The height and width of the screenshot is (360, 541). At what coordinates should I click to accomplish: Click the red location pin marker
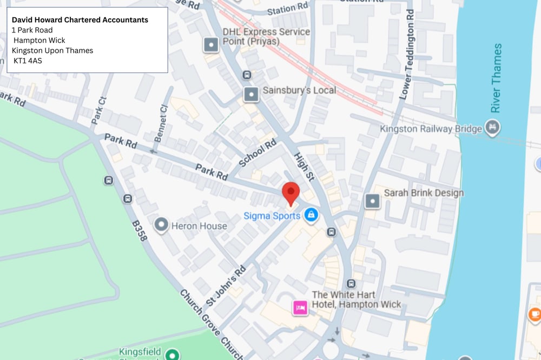tap(291, 193)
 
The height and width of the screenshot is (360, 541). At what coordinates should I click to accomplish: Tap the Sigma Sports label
tap(272, 216)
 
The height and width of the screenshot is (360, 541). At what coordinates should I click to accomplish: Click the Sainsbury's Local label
tap(299, 90)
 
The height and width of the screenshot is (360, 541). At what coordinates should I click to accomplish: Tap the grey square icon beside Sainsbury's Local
tap(250, 95)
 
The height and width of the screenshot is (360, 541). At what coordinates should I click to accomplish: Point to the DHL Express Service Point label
tap(266, 37)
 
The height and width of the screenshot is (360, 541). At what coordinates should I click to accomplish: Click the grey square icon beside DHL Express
tap(210, 44)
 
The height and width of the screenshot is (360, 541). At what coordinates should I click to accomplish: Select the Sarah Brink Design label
tap(424, 193)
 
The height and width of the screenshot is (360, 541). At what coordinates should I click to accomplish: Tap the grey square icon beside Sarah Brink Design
tap(372, 201)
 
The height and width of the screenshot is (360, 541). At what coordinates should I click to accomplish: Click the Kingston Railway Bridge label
tap(431, 129)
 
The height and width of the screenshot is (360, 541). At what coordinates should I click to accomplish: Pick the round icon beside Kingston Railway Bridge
tap(493, 128)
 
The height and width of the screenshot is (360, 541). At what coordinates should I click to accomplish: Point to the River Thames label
tap(497, 78)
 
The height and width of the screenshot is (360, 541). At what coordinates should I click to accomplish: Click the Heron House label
tap(199, 226)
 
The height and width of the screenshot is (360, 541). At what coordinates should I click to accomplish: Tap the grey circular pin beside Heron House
tap(161, 224)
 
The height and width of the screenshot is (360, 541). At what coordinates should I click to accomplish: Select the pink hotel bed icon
tap(300, 308)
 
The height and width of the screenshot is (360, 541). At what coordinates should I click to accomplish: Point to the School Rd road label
tap(259, 154)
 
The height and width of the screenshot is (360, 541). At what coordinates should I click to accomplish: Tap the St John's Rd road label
tap(226, 285)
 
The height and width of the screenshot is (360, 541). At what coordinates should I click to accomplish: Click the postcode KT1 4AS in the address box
tap(28, 61)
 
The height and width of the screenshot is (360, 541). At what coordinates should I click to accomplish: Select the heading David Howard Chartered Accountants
tap(80, 20)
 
